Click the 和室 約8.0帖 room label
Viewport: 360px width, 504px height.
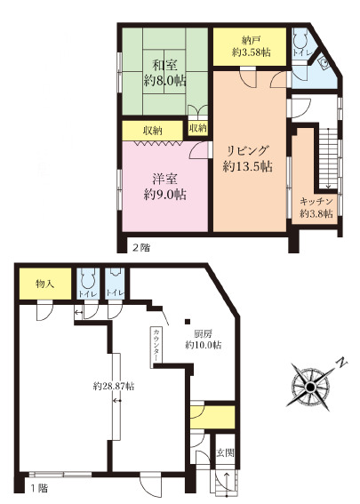click(164, 73)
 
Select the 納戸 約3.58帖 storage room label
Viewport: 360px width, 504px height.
click(251, 46)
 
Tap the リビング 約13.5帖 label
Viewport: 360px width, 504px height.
click(247, 159)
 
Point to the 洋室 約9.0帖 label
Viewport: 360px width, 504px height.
click(164, 187)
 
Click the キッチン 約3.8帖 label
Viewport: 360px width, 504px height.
click(316, 208)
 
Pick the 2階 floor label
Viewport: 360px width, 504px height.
click(141, 247)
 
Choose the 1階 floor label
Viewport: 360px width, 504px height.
click(39, 489)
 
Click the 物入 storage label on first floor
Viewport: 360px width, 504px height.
click(44, 284)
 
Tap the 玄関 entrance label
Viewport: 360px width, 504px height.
click(225, 453)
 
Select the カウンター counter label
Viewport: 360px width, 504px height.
click(156, 346)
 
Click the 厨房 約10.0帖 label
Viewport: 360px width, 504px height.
click(203, 340)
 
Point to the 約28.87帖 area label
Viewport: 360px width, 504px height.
click(114, 386)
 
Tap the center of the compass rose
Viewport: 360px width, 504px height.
click(310, 387)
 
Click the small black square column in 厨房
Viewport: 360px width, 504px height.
click(188, 322)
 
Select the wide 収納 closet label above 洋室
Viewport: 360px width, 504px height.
click(153, 131)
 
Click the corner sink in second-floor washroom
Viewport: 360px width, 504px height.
click(324, 62)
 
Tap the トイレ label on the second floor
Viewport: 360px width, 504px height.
click(300, 53)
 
